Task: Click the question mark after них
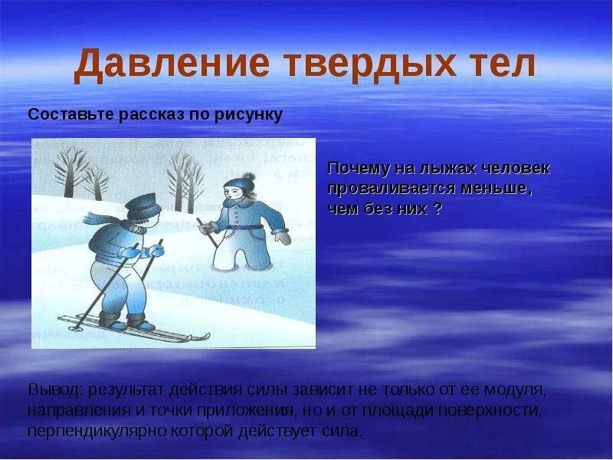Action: coord(437,209)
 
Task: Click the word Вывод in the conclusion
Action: coord(54,389)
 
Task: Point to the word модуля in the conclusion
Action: coord(520,389)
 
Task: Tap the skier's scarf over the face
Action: coord(130,224)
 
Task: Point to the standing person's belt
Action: coord(244,227)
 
